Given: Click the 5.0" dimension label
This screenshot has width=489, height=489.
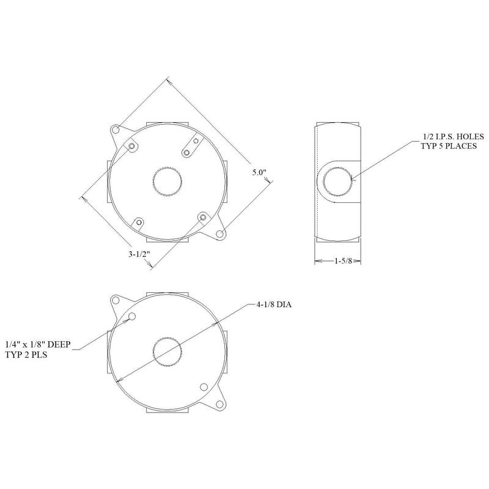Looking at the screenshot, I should (x=260, y=173).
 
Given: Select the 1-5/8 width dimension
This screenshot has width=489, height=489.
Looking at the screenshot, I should (x=342, y=261).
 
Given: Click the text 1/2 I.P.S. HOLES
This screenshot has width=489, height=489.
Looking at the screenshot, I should (x=454, y=136).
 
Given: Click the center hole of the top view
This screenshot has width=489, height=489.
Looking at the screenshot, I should (x=167, y=181).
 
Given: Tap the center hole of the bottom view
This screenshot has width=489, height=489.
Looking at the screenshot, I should (x=167, y=352).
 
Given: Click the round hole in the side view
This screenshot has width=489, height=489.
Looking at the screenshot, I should (x=338, y=181).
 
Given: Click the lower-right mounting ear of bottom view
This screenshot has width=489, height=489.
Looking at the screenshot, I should (x=218, y=402).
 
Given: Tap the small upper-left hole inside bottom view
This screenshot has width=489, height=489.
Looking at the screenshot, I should (x=131, y=317).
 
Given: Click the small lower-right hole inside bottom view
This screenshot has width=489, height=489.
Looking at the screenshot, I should (x=204, y=386).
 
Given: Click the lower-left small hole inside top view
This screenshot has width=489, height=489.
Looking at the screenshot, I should (x=139, y=222).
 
